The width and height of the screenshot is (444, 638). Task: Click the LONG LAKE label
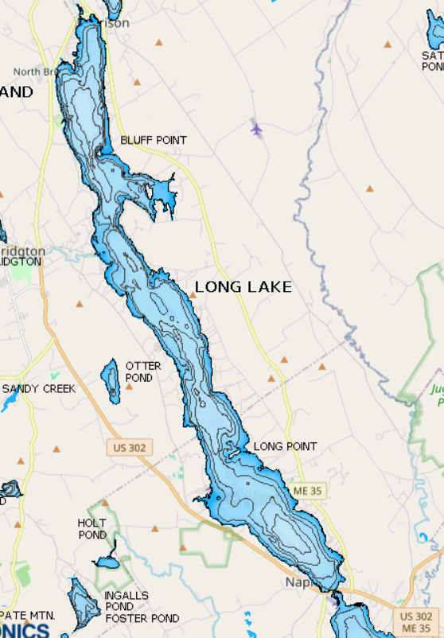click(243, 287)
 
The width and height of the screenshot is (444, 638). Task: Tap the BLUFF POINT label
click(154, 141)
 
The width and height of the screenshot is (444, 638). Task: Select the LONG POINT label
click(285, 447)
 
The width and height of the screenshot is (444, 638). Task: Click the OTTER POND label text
click(143, 372)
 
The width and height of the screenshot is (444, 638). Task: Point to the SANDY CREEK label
click(39, 389)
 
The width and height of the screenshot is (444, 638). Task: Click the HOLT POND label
click(92, 529)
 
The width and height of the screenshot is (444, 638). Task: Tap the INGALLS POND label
click(126, 601)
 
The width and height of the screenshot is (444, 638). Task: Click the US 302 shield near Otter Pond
click(129, 448)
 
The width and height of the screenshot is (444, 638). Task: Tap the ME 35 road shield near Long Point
click(306, 491)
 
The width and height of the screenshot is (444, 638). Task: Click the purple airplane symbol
click(256, 127)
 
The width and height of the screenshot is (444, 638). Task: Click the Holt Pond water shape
click(109, 561)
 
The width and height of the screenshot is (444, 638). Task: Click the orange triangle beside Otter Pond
click(129, 387)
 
